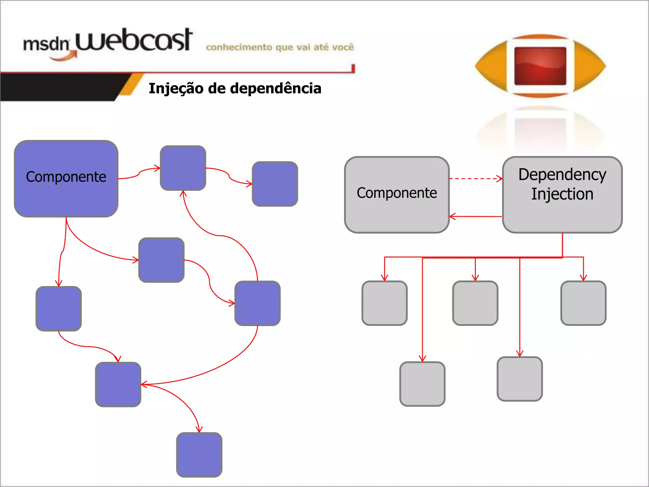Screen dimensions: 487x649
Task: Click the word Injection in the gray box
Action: coord(562,194)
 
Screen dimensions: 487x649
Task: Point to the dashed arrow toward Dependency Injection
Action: coord(475,179)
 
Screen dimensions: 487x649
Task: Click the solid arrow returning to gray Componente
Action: coord(475,217)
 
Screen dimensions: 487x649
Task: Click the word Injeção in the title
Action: coord(176,88)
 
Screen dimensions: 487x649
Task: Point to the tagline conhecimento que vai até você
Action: coord(280,47)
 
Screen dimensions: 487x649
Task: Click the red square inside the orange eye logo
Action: coord(540,66)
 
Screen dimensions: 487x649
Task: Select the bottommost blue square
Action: coord(199,454)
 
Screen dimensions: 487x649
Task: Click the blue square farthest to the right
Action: coord(275,184)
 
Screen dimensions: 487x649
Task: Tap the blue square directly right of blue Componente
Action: coord(183,168)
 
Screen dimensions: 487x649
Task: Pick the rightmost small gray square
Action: coord(583,303)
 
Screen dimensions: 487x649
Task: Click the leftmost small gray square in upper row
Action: coord(384,303)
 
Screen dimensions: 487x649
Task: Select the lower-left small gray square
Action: coord(422,384)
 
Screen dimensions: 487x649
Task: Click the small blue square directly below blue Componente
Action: coord(59,308)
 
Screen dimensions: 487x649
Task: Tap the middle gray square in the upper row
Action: coord(475,303)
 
